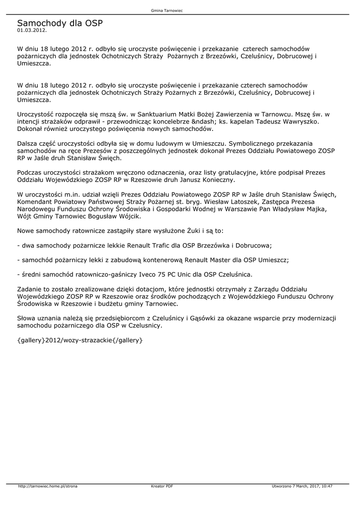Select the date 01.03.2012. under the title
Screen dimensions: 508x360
[x=32, y=30]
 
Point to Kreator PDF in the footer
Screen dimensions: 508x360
[x=162, y=486]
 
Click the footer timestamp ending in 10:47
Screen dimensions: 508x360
[x=302, y=486]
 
